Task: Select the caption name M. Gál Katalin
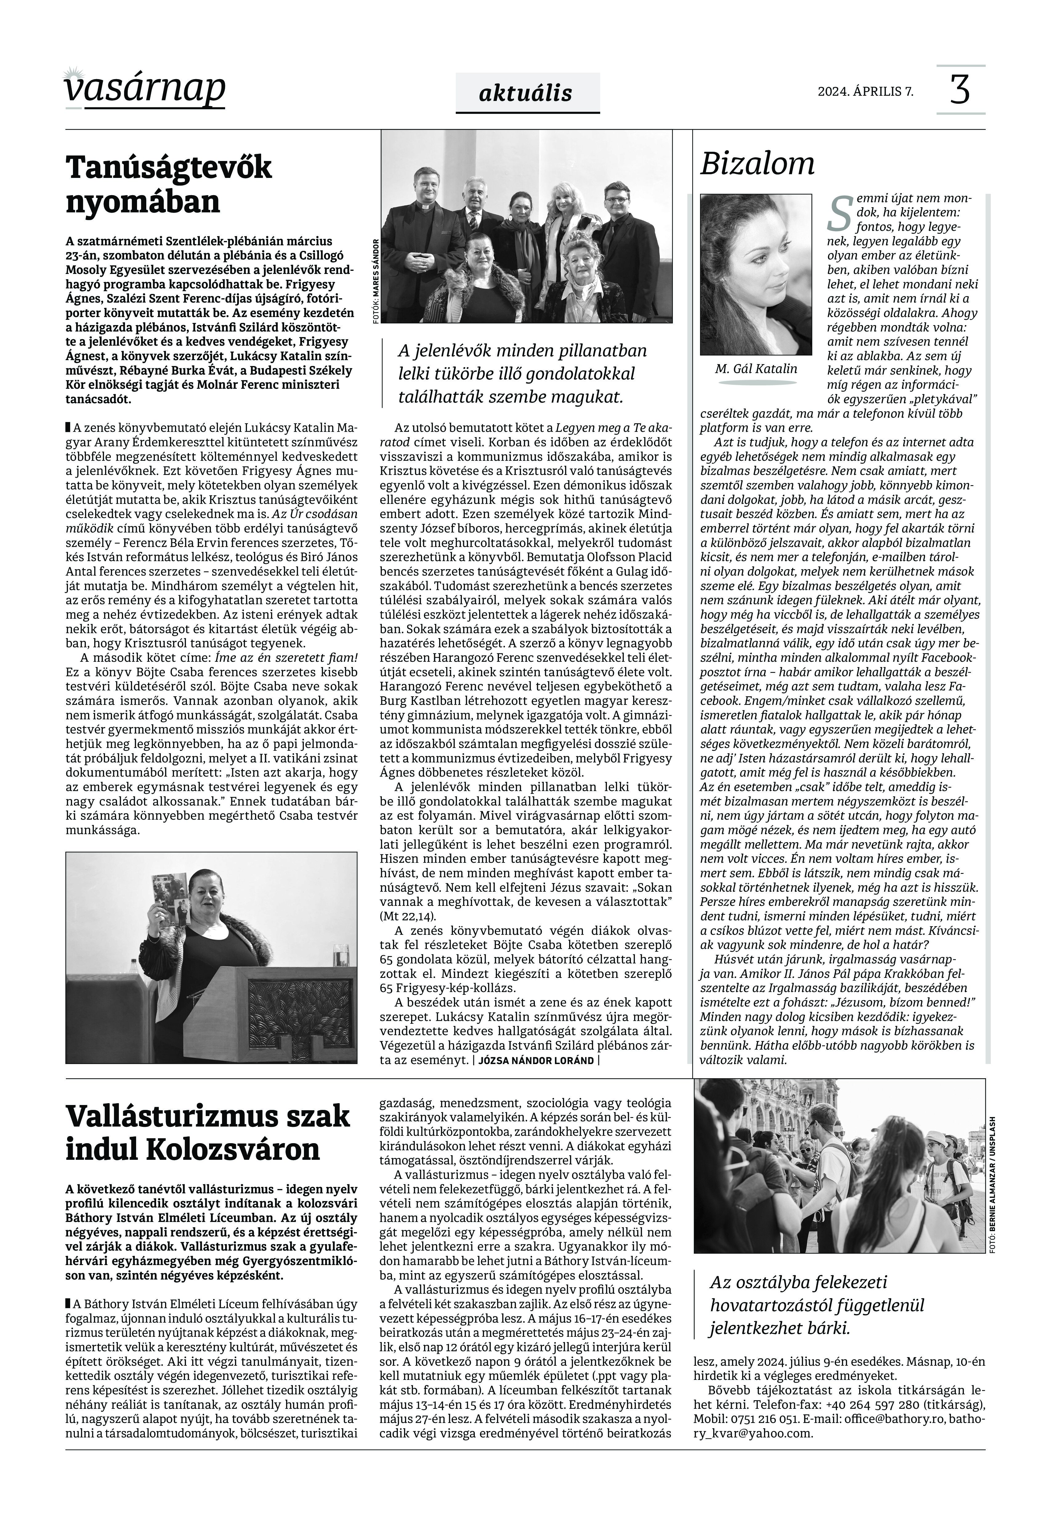(755, 368)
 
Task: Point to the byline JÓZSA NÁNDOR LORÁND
(536, 1060)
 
